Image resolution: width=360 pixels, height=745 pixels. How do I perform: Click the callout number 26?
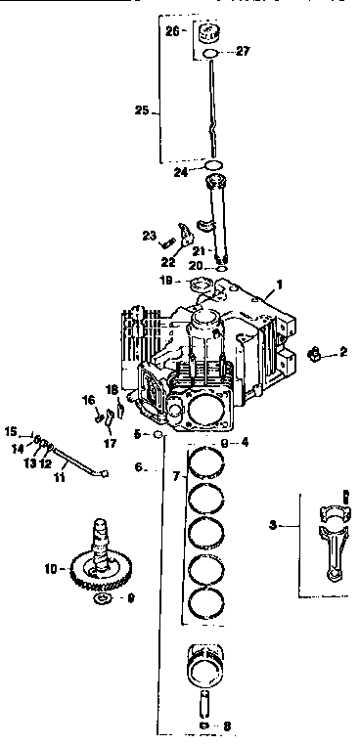coord(171,30)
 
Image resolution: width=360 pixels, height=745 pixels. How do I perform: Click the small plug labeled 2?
coord(315,352)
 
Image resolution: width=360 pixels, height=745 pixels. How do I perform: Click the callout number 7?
coord(174,477)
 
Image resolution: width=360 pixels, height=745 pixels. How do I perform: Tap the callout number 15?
coord(11,431)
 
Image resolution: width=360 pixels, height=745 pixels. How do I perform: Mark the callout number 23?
coord(149,235)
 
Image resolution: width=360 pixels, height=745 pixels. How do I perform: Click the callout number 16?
coord(87,400)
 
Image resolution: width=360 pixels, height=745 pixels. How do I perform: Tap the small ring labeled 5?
coord(156,433)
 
